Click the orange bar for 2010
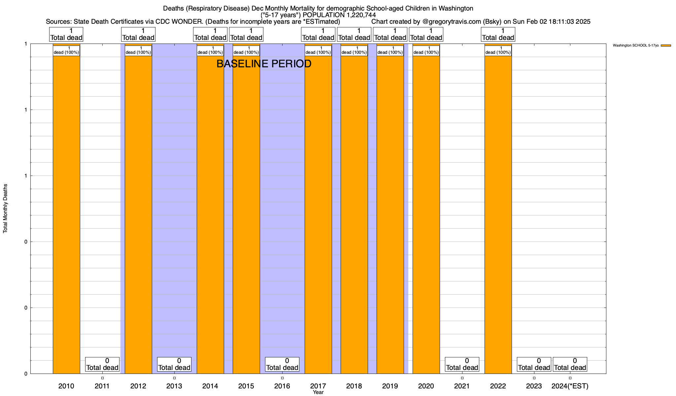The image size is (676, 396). (x=66, y=214)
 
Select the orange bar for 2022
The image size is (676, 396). (x=498, y=214)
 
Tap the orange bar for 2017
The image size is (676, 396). (x=318, y=214)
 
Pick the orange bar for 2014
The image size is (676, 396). (x=210, y=214)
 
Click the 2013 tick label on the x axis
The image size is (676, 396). (x=174, y=386)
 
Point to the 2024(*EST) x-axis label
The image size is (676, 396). (x=570, y=386)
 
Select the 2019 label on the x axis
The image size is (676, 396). (x=390, y=386)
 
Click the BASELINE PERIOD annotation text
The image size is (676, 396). (x=264, y=64)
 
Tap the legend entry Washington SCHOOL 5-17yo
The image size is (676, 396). (x=635, y=46)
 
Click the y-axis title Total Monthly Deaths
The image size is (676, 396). (x=5, y=209)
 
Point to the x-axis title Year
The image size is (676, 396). (x=318, y=392)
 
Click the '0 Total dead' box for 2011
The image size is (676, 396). (x=102, y=364)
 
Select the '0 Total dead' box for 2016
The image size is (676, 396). (x=282, y=364)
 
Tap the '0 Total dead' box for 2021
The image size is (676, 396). (x=462, y=364)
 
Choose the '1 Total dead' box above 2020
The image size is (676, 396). (x=426, y=34)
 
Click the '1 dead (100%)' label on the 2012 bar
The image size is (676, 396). (x=138, y=50)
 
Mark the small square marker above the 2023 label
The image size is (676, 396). (x=534, y=378)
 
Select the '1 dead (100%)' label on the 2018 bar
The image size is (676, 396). (x=354, y=50)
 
